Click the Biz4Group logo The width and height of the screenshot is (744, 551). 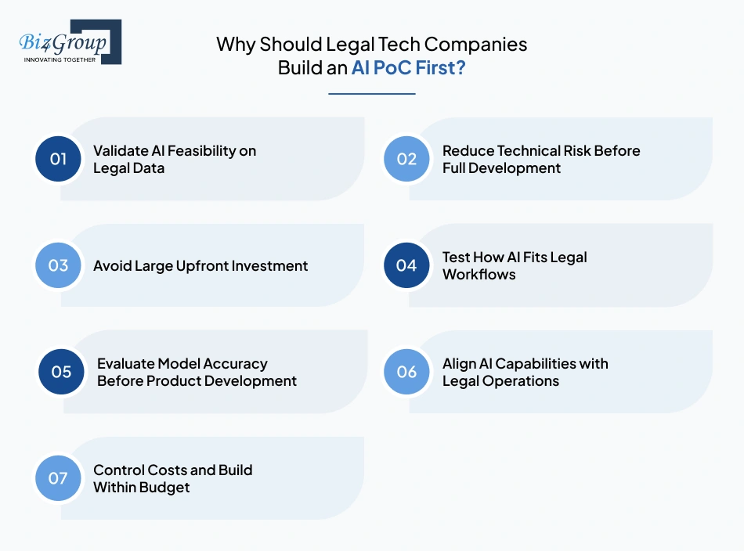point(70,41)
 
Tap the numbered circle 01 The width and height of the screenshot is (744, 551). point(59,159)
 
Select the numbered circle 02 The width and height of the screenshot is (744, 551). point(406,159)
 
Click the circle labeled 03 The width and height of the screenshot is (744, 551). point(59,265)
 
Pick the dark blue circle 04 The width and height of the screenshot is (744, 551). point(406,265)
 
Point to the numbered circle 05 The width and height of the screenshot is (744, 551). point(62,372)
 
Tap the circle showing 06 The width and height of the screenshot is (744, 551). point(406,372)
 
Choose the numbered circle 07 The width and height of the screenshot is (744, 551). point(59,478)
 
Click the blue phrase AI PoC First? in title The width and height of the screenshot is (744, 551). point(408,67)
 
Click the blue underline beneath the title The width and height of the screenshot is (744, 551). point(371,94)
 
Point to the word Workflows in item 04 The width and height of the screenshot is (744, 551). point(479,274)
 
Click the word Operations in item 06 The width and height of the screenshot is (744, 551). point(519,381)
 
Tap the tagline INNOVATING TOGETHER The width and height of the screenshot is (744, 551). point(60,59)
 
